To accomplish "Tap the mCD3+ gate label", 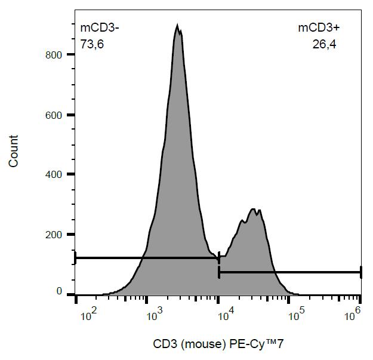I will [318, 27].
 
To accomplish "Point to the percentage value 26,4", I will [324, 43].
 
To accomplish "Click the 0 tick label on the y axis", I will [60, 291].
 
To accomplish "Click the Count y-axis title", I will [13, 150].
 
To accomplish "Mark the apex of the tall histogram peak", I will [177, 25].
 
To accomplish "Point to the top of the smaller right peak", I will [254, 209].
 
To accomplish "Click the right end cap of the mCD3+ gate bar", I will [361, 272].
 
